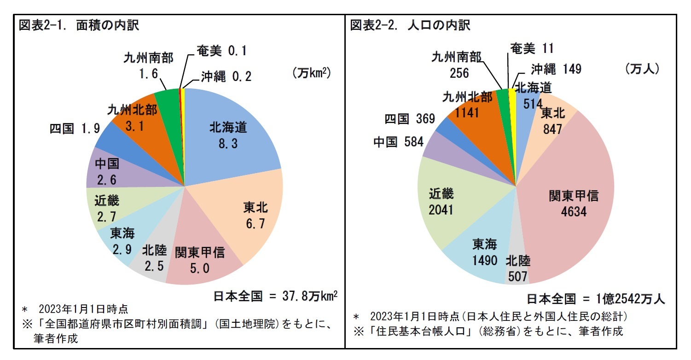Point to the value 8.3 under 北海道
228,144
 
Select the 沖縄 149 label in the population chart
556,69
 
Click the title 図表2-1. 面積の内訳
79,25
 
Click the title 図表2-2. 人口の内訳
410,25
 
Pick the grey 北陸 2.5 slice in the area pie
150,262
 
